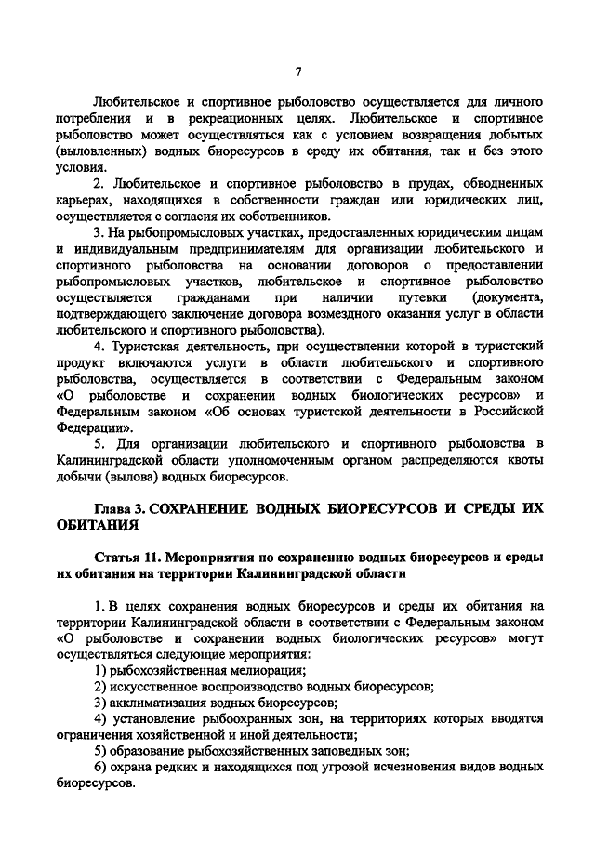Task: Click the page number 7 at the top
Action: coord(297,72)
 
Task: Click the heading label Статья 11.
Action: coord(128,558)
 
